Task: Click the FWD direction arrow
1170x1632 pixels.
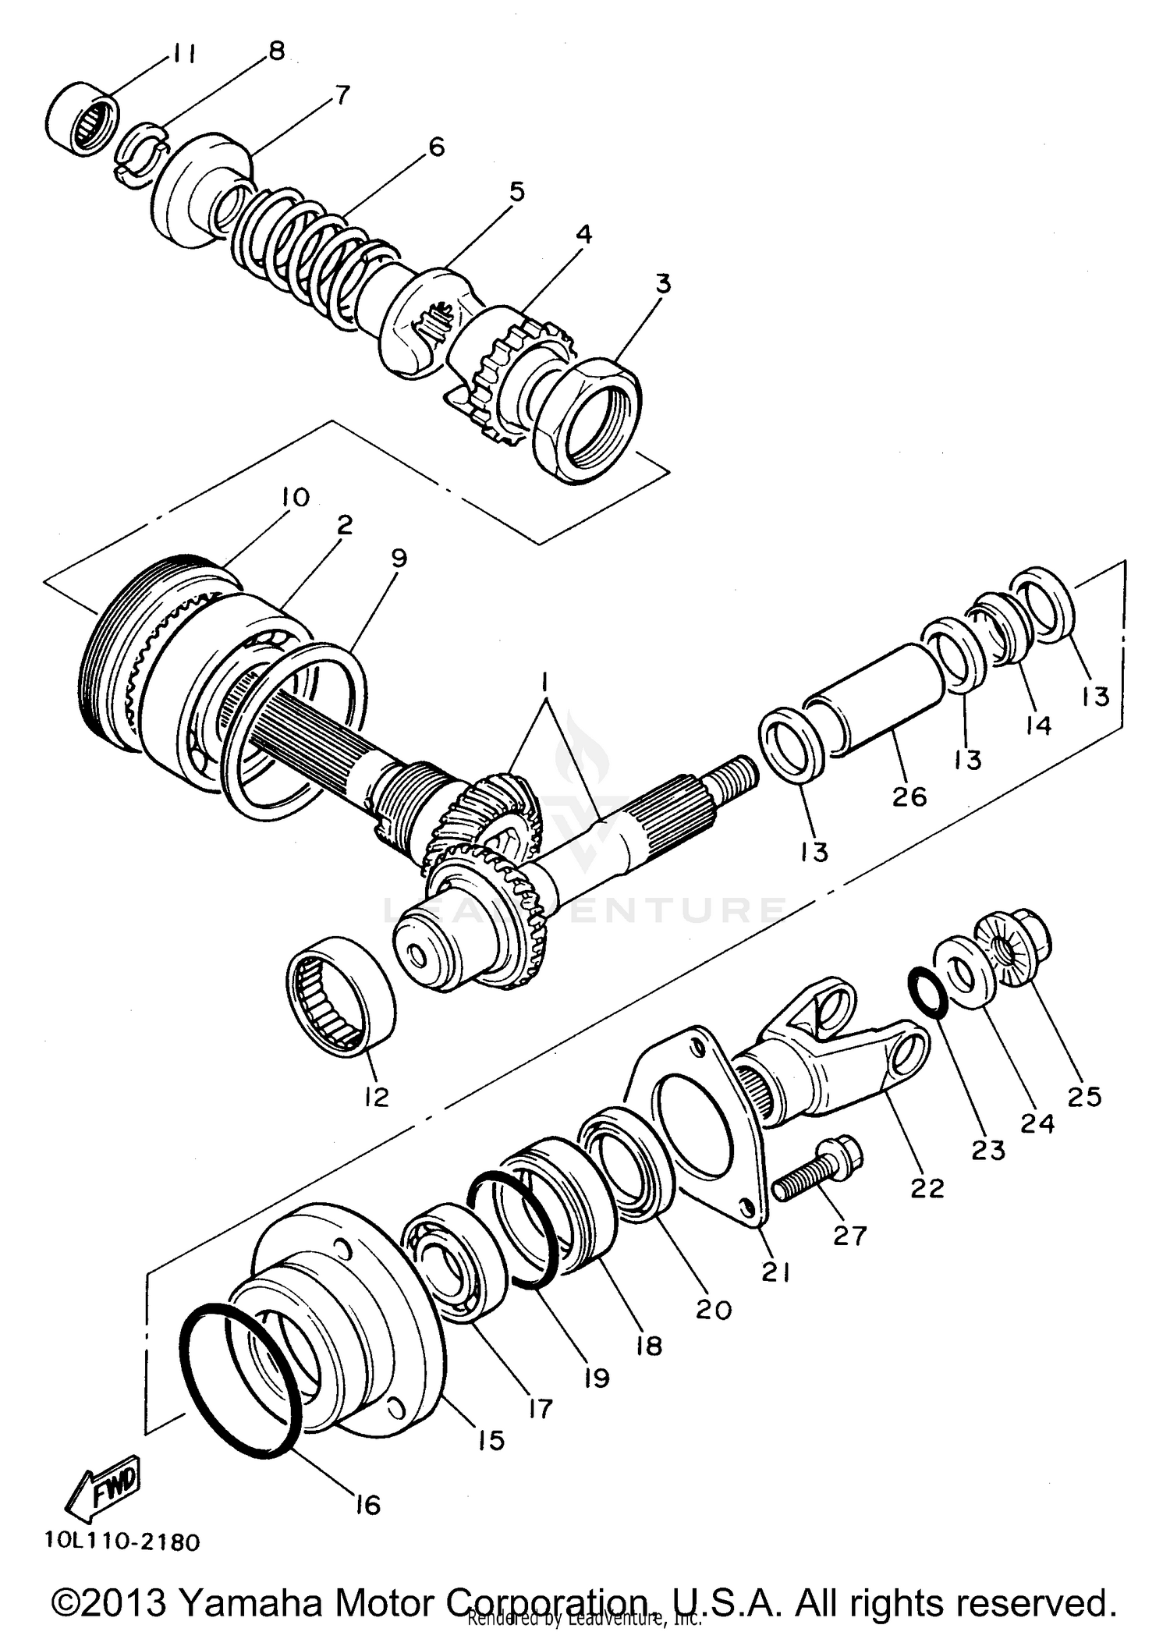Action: (x=104, y=1489)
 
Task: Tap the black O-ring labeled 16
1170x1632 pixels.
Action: (x=240, y=1379)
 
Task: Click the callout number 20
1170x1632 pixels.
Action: (x=714, y=1308)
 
